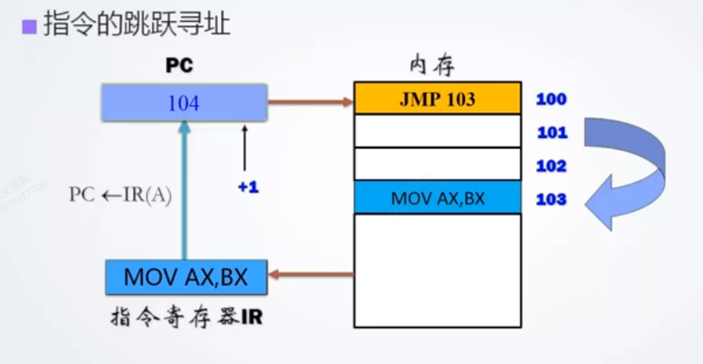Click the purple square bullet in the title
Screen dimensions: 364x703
30,27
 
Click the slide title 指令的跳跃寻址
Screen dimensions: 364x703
136,24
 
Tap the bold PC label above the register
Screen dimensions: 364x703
179,66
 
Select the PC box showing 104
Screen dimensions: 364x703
183,103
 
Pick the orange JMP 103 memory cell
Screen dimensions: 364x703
437,99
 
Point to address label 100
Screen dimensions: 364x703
551,100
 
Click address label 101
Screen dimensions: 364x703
552,133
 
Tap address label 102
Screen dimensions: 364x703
552,166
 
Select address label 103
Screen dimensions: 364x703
551,198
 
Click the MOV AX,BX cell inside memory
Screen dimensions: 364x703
437,198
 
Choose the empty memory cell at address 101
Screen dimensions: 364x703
437,131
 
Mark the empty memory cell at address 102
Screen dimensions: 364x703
437,164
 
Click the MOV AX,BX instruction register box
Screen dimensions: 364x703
186,277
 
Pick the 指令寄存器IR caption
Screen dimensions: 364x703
186,318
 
